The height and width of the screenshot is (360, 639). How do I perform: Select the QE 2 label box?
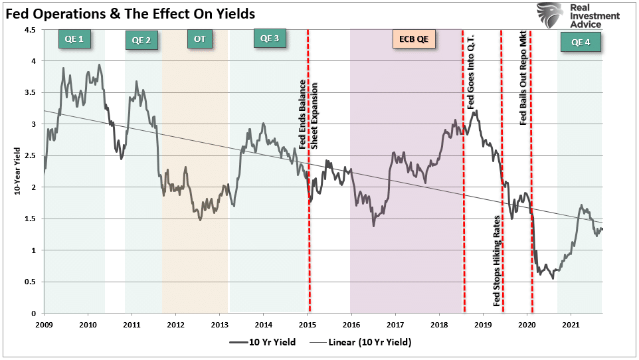141,41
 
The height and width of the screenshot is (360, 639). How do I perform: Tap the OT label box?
199,39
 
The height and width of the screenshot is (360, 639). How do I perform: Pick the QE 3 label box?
270,39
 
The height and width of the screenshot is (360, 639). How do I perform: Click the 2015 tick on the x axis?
307,324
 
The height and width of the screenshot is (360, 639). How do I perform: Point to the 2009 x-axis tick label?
45,324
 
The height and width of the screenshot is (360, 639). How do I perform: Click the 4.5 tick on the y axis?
31,30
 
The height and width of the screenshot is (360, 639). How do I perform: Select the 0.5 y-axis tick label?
31,282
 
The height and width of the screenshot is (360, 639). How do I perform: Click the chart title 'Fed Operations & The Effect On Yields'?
131,13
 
